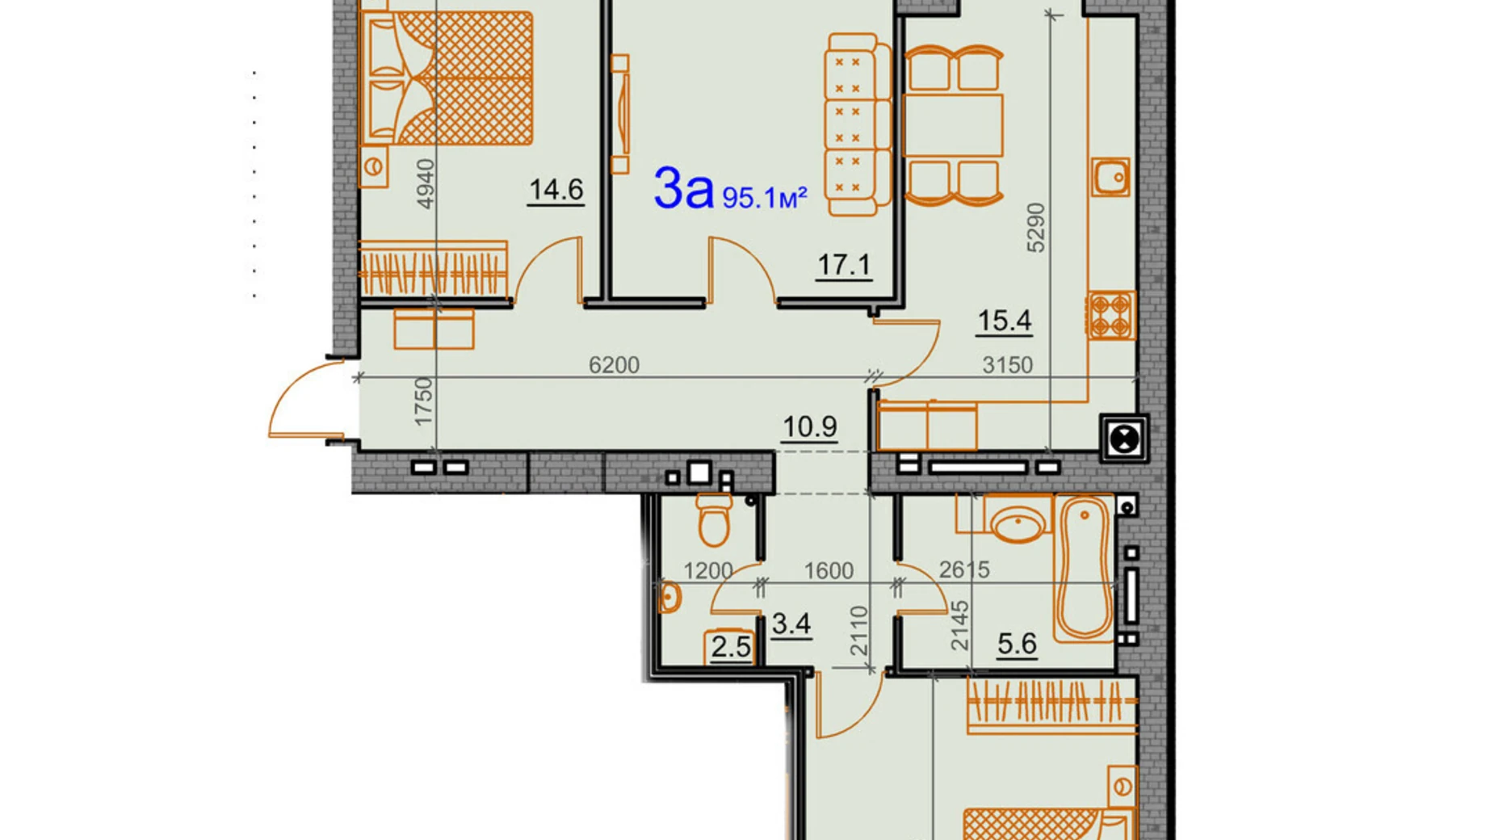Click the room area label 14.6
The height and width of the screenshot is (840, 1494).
[556, 190]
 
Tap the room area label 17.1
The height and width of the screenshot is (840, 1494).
[843, 265]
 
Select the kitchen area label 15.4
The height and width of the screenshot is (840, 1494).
[1004, 321]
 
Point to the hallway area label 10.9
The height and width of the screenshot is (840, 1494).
[809, 426]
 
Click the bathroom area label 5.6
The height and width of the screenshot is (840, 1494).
[1017, 644]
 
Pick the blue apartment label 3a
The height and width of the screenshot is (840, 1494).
[683, 189]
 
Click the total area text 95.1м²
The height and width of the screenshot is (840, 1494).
[764, 197]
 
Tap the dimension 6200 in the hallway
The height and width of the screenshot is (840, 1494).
[614, 365]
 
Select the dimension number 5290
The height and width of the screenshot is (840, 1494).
[1036, 229]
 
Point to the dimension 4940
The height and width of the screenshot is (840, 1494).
[425, 184]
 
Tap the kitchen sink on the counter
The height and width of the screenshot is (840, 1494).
[1111, 177]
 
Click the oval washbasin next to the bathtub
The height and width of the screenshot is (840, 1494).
[1018, 523]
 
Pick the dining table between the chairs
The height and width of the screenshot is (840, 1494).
[953, 125]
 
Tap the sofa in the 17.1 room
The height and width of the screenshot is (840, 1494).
[856, 124]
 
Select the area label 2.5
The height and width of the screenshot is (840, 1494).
[730, 647]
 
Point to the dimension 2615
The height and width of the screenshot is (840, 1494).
[964, 569]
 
